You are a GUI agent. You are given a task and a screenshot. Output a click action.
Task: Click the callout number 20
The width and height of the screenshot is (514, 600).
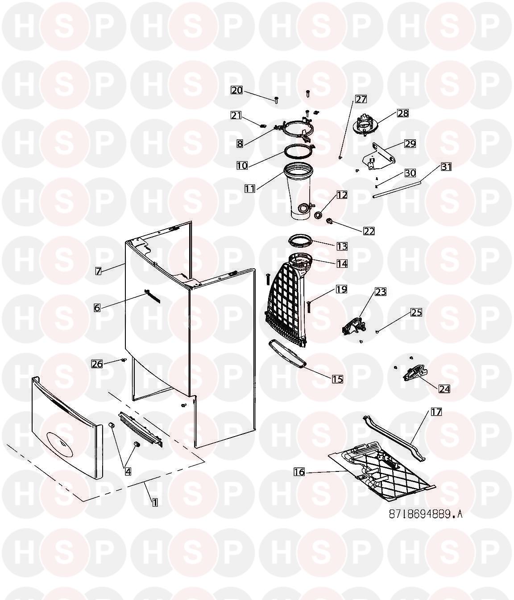[x=236, y=90]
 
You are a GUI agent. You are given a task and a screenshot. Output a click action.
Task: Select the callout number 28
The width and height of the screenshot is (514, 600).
[x=402, y=113]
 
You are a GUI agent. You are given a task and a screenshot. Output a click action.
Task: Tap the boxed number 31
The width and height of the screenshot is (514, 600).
[x=446, y=167]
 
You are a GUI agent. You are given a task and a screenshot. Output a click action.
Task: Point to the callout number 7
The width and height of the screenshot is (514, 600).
[x=99, y=271]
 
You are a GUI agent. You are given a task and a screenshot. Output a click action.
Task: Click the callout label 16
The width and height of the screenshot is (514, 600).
[x=299, y=471]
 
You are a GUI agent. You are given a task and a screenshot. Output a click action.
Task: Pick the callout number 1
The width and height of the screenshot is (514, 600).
[x=155, y=502]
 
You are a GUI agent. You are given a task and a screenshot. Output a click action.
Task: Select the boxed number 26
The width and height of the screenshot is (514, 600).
[x=97, y=364]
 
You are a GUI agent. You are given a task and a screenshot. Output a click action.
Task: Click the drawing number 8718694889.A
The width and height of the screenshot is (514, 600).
[x=425, y=514]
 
